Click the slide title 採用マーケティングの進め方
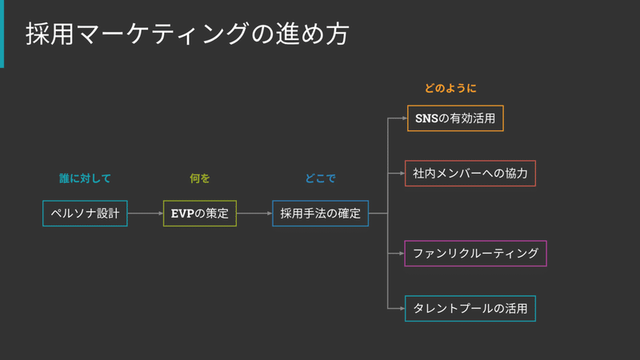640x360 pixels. point(187,34)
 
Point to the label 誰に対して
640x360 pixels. point(85,178)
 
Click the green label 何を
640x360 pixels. point(199,178)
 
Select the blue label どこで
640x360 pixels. point(321,178)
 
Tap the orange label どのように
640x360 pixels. point(450,88)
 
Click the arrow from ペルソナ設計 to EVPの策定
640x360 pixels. point(146,213)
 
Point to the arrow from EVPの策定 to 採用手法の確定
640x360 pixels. point(254,213)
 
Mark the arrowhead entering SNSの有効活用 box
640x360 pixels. point(405,118)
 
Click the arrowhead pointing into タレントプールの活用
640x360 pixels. point(402,309)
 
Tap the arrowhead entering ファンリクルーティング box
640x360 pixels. point(402,254)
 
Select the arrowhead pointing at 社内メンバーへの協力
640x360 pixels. point(402,174)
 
